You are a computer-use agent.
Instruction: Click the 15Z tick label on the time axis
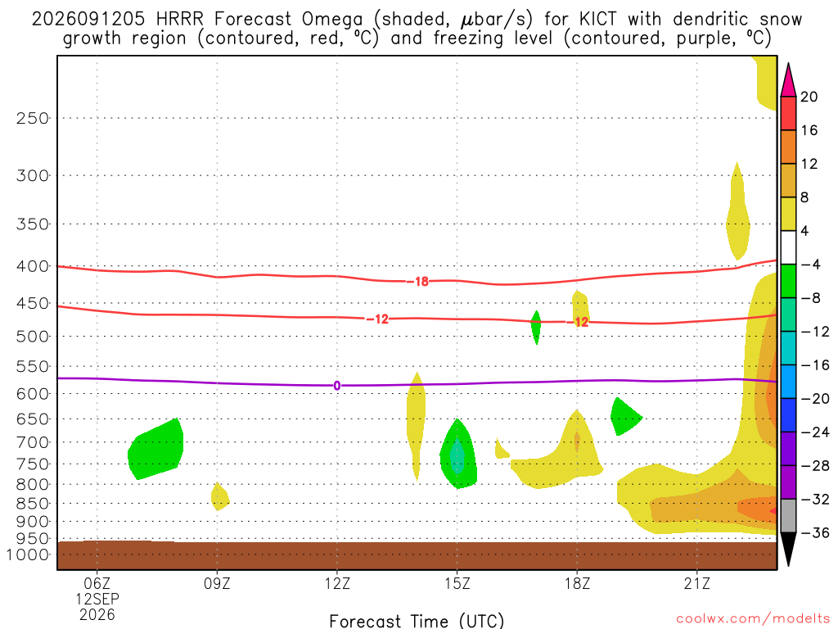tap(457, 583)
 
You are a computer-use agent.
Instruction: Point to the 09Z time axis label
tap(217, 583)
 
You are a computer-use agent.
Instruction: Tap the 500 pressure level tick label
tap(32, 337)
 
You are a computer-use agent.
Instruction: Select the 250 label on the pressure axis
tap(32, 118)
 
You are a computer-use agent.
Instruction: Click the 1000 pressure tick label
tap(27, 554)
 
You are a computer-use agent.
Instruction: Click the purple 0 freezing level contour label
tap(336, 386)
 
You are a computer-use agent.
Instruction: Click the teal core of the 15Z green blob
tap(457, 455)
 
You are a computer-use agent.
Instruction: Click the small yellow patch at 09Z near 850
tap(219, 497)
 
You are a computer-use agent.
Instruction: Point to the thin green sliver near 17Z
tap(536, 327)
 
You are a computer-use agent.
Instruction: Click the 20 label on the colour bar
tap(809, 97)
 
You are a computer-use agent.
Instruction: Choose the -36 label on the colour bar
tap(815, 532)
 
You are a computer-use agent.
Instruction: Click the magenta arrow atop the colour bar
tap(788, 80)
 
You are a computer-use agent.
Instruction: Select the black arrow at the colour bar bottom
tap(788, 549)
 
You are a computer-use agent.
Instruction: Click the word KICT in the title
tap(597, 20)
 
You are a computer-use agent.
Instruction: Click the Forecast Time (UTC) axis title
tap(417, 621)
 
